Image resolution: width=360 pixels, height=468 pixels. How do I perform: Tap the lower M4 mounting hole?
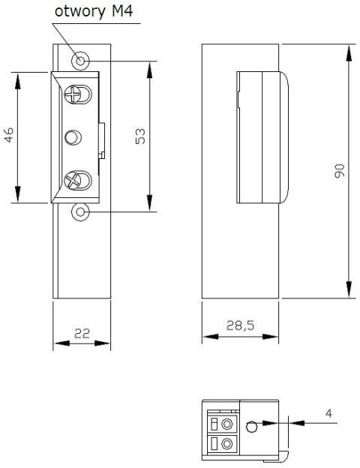pos(79,213)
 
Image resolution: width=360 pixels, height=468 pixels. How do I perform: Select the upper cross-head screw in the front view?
pos(75,94)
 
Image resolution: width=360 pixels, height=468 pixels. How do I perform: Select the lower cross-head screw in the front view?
pos(75,180)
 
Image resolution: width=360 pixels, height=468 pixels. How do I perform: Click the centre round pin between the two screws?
pos(73,137)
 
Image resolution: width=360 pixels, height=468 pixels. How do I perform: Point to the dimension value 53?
pos(139,136)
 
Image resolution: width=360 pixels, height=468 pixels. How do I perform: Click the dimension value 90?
pos(338,171)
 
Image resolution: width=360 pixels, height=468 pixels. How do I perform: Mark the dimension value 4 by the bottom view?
pos(328,413)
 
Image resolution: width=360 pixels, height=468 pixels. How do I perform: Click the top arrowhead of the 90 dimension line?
pos(349,50)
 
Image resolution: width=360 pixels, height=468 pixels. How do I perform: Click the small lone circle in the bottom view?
pos(253,427)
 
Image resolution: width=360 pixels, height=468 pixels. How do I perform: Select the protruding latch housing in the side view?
pos(262,136)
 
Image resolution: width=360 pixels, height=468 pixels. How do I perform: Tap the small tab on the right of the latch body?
pos(103,138)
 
